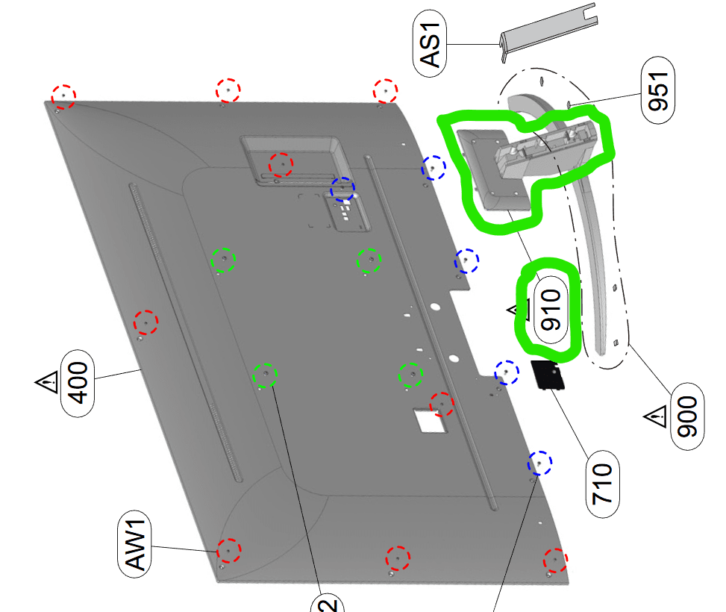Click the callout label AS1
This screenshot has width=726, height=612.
click(430, 43)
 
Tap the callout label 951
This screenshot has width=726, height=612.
click(658, 90)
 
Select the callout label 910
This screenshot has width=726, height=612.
click(551, 310)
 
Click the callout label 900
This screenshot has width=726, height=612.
click(687, 416)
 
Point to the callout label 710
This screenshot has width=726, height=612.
click(602, 484)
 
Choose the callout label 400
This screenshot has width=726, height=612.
click(78, 383)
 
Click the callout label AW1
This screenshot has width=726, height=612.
click(135, 544)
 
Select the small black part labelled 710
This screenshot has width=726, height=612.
click(548, 375)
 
